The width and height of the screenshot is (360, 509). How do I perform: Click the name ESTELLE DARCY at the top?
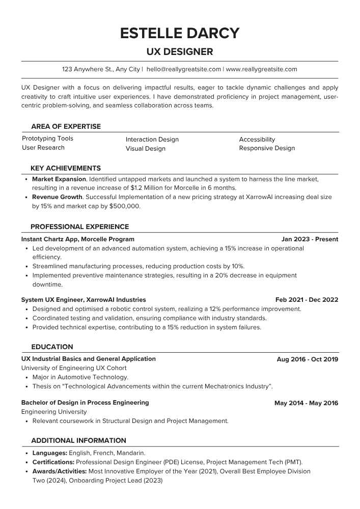180,33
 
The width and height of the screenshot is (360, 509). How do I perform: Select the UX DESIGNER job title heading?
180,52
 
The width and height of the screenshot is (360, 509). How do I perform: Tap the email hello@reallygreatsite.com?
183,69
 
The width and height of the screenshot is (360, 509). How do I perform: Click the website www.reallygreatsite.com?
261,69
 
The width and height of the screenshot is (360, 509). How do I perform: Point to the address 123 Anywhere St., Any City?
101,69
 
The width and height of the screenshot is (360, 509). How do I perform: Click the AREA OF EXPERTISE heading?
66,127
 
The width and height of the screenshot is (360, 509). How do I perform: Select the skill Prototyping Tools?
47,138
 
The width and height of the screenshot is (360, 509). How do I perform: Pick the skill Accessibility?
257,139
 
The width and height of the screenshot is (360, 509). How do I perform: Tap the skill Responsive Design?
267,149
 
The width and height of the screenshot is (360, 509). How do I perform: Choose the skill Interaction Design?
152,139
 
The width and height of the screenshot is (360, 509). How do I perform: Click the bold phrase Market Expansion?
59,179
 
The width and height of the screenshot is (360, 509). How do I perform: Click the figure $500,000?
125,207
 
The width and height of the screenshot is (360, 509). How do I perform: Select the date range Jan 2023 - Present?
310,239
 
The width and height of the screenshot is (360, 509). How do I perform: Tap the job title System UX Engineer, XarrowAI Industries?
84,300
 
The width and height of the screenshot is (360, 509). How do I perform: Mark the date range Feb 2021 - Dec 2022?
307,300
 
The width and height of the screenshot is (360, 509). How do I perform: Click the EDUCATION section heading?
52,347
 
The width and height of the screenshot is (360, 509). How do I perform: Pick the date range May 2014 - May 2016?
306,403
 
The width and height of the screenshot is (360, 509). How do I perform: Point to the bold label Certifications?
53,462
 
